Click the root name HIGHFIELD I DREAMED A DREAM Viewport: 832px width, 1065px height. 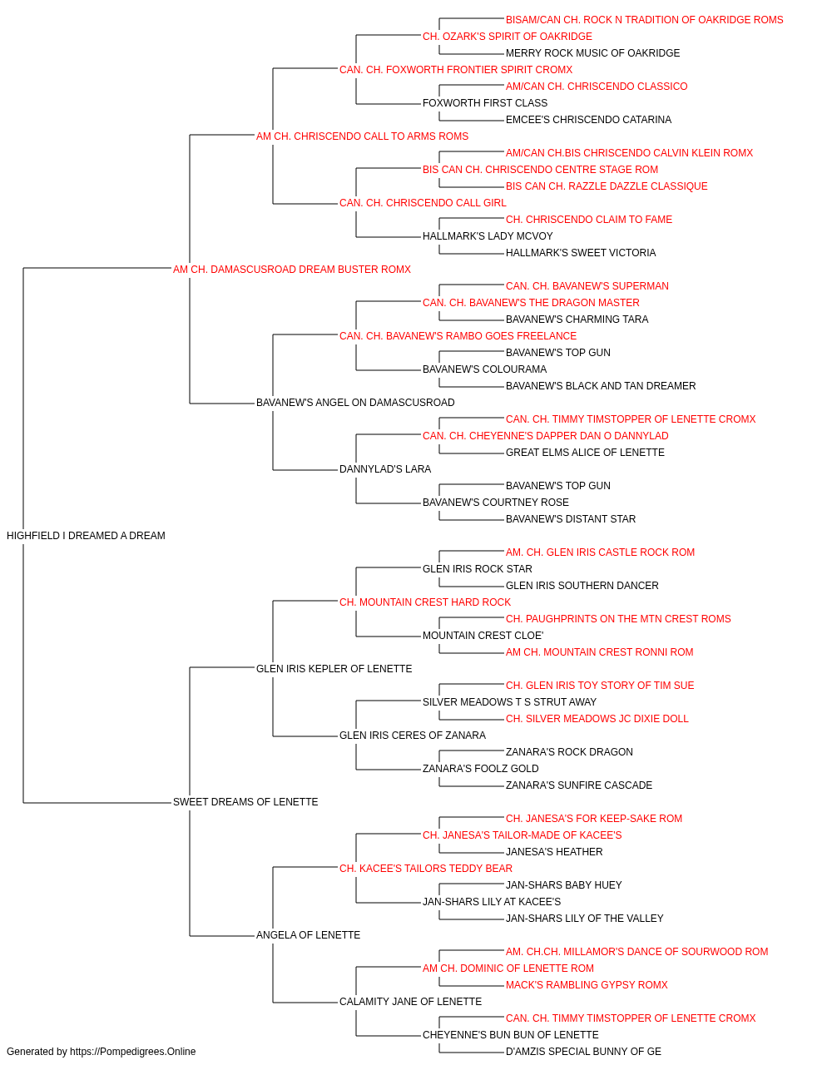pos(86,536)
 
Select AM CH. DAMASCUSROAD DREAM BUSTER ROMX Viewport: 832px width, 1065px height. pos(291,270)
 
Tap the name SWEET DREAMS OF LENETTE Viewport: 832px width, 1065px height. pos(245,802)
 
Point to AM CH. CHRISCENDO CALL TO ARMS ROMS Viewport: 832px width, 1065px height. pos(362,136)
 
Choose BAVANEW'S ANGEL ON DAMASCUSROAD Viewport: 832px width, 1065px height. pos(355,403)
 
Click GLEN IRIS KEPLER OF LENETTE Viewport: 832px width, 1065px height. pos(334,669)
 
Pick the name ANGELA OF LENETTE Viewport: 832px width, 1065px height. pos(308,935)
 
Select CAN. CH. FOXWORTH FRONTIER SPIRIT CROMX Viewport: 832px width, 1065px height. pos(456,70)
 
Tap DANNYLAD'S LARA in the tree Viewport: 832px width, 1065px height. pos(385,469)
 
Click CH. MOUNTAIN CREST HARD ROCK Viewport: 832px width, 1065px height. pos(425,602)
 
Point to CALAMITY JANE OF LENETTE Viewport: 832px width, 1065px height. pos(411,1002)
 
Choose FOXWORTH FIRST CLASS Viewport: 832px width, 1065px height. pos(485,103)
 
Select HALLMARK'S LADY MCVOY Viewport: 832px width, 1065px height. pos(488,236)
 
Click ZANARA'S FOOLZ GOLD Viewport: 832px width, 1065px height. pos(481,769)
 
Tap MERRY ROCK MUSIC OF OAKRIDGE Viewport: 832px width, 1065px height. pos(593,53)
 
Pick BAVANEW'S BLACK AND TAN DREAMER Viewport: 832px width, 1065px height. pos(601,386)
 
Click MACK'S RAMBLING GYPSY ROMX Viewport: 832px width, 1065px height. pos(587,985)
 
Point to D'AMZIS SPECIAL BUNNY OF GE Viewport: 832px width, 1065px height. pos(583,1052)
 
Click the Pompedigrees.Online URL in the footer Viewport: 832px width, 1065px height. pos(133,1052)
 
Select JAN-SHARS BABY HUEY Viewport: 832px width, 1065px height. pos(563,885)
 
